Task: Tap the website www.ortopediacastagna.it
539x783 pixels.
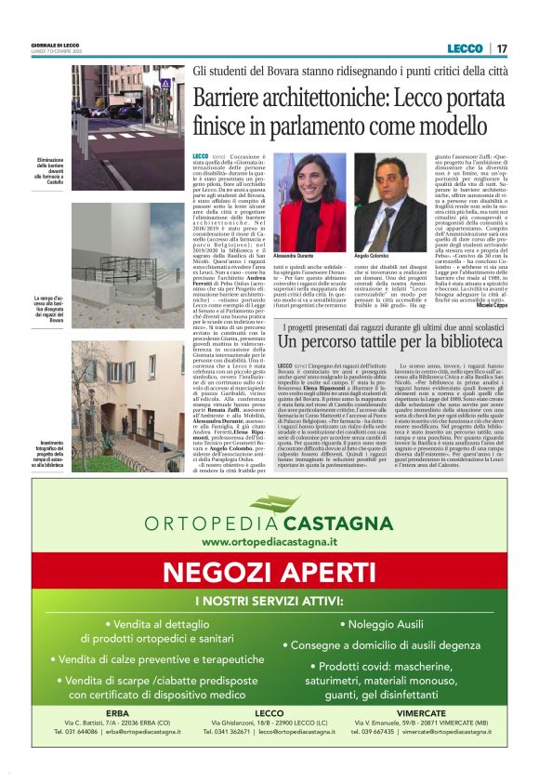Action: point(269,541)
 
